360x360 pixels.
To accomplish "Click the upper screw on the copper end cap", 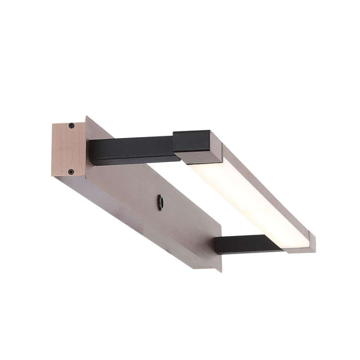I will pos(71,126).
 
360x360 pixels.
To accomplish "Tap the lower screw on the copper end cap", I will pos(71,171).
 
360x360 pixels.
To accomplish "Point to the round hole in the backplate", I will pos(160,202).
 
